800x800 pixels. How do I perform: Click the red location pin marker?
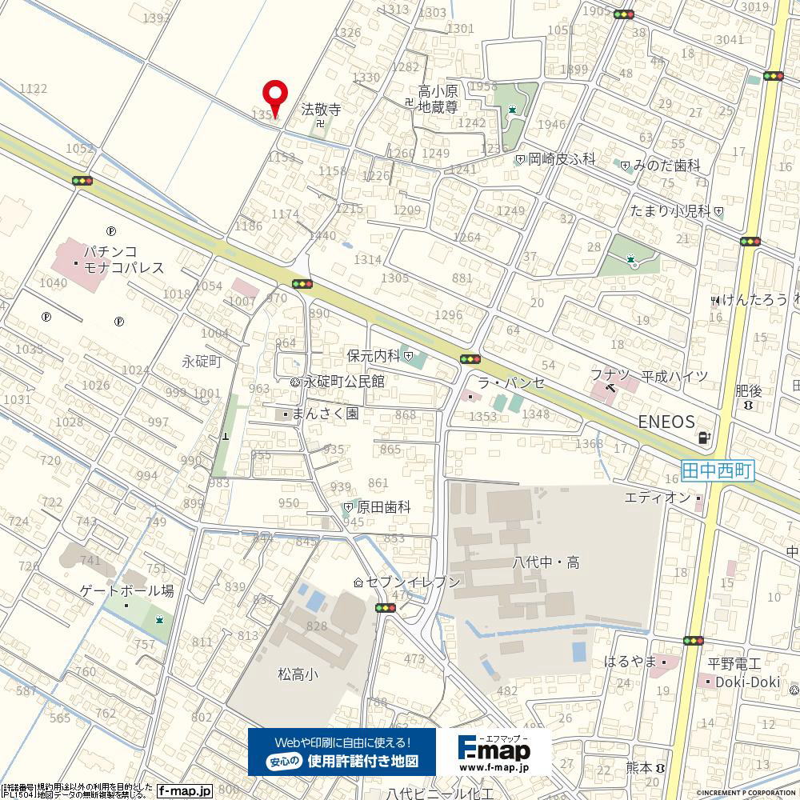tap(275, 97)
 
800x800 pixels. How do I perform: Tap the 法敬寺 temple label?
tap(321, 110)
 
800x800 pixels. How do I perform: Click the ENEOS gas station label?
tap(666, 422)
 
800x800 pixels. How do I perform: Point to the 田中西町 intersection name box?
tap(718, 471)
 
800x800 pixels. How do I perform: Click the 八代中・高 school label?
tap(546, 562)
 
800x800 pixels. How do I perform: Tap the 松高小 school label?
tap(298, 674)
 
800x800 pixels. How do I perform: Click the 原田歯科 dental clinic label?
tap(383, 507)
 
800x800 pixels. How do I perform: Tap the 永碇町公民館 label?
tap(344, 382)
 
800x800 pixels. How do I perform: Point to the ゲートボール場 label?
tap(126, 591)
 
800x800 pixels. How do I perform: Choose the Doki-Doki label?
tap(747, 681)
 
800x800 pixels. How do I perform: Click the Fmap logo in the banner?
tap(494, 751)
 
